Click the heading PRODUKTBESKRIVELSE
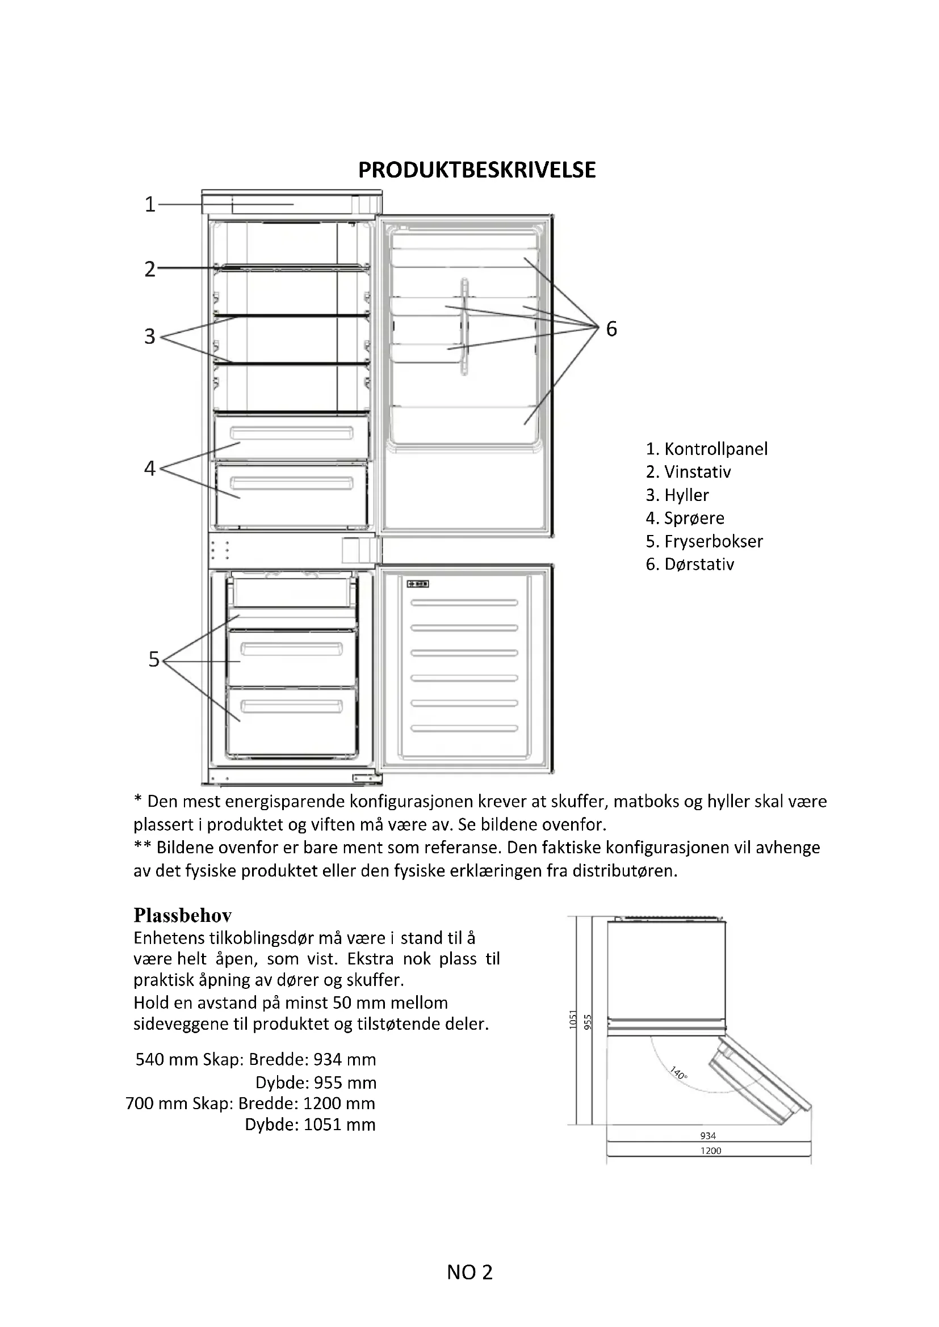click(x=476, y=170)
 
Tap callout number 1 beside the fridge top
click(x=150, y=204)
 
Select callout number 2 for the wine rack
click(x=150, y=269)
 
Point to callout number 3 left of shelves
click(x=150, y=336)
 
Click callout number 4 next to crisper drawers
click(x=150, y=467)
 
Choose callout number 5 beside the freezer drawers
click(x=153, y=659)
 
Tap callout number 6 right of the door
click(x=611, y=329)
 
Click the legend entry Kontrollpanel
click(x=707, y=449)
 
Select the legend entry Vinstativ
click(x=688, y=471)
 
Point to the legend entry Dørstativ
click(x=690, y=564)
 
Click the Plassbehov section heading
click(x=183, y=915)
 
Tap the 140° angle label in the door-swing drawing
click(x=679, y=1073)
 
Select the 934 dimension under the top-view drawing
click(x=708, y=1136)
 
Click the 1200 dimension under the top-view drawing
click(x=711, y=1151)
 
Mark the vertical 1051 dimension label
click(x=573, y=1020)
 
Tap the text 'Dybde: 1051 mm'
click(x=310, y=1124)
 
